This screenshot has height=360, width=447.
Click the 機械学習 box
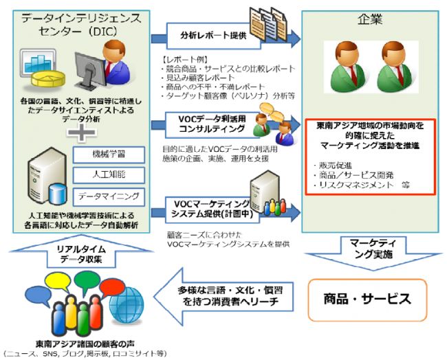coord(108,150)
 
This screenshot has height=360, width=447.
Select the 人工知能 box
coord(108,173)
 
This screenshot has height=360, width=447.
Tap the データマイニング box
coord(108,196)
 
